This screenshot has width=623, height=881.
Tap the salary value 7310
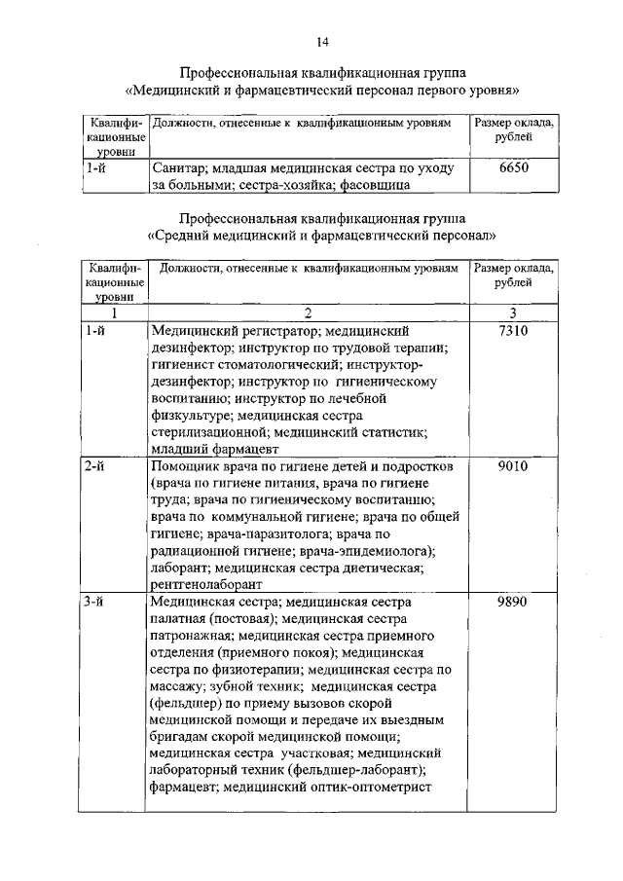pos(512,333)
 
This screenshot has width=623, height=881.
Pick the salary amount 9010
pos(512,466)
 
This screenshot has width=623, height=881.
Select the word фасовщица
pos(376,185)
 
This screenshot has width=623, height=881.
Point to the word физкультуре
pos(190,416)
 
